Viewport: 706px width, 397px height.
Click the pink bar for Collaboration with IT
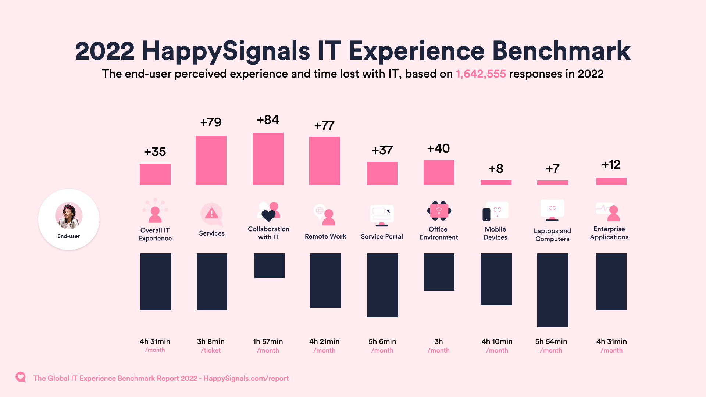[268, 159]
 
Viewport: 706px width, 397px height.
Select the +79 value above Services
[211, 122]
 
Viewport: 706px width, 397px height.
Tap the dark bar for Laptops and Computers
[552, 290]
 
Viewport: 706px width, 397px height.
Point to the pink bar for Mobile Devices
[496, 182]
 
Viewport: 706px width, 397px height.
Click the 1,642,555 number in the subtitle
[481, 74]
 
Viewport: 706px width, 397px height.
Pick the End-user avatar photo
[69, 215]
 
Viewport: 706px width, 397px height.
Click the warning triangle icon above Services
[211, 213]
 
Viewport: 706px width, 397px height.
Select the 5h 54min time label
[551, 341]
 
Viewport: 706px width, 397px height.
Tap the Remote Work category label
[325, 236]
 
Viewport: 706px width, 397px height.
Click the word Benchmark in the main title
[561, 51]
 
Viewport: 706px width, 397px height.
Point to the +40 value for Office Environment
[438, 149]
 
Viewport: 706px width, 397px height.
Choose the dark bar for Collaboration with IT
[269, 265]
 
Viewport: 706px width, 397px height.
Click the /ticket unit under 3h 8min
[211, 350]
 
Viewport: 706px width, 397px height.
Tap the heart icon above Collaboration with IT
[268, 215]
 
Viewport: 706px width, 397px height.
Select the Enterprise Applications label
[609, 233]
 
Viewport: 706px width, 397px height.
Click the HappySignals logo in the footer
[21, 377]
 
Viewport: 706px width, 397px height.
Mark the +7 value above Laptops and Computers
[552, 169]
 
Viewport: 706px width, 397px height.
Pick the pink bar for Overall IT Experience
[155, 174]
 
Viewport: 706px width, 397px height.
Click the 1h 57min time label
[268, 341]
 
